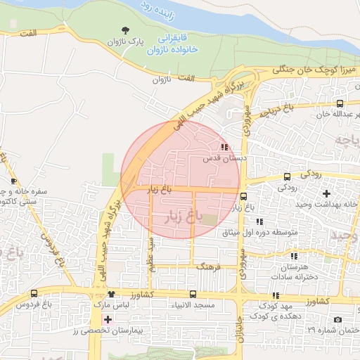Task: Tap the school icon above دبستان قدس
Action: pyautogui.click(x=224, y=147)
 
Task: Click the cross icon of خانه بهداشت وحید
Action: pyautogui.click(x=326, y=193)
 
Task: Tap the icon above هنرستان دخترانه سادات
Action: pyautogui.click(x=294, y=256)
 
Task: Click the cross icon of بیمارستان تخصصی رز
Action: pyautogui.click(x=107, y=320)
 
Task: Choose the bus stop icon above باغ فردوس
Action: pyautogui.click(x=34, y=293)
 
